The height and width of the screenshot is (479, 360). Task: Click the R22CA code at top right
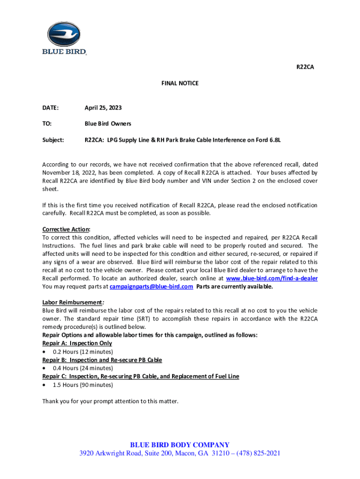tap(305, 67)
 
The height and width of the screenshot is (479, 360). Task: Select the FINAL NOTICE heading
tap(180, 83)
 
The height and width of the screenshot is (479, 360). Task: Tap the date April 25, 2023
tap(103, 108)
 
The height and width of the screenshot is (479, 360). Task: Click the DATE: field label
tap(50, 108)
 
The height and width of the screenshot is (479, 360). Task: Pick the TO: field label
tap(47, 124)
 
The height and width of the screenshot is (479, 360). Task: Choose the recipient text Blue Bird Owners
tap(108, 124)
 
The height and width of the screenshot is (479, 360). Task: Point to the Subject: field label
tap(53, 140)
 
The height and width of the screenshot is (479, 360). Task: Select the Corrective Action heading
tap(66, 229)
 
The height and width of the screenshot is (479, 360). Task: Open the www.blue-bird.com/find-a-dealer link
tap(272, 278)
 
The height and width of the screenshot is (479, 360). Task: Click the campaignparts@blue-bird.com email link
tap(151, 287)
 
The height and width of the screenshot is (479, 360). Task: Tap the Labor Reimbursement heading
tap(72, 302)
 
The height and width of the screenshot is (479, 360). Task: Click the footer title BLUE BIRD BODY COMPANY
tap(180, 445)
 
